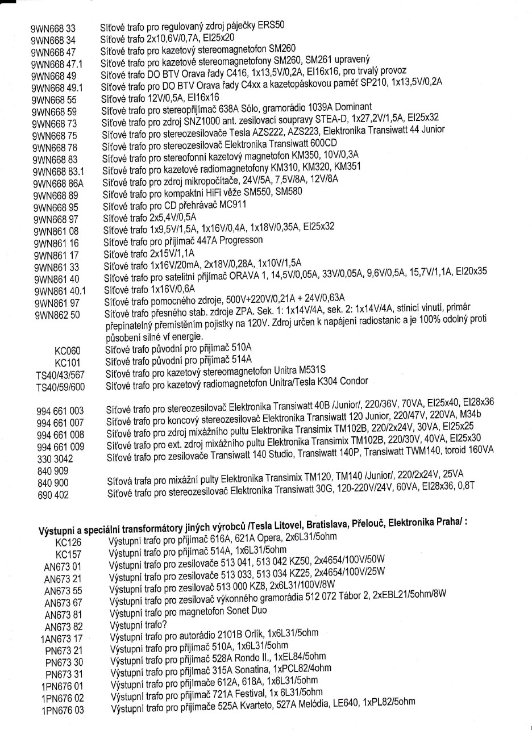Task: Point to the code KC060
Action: point(67,345)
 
